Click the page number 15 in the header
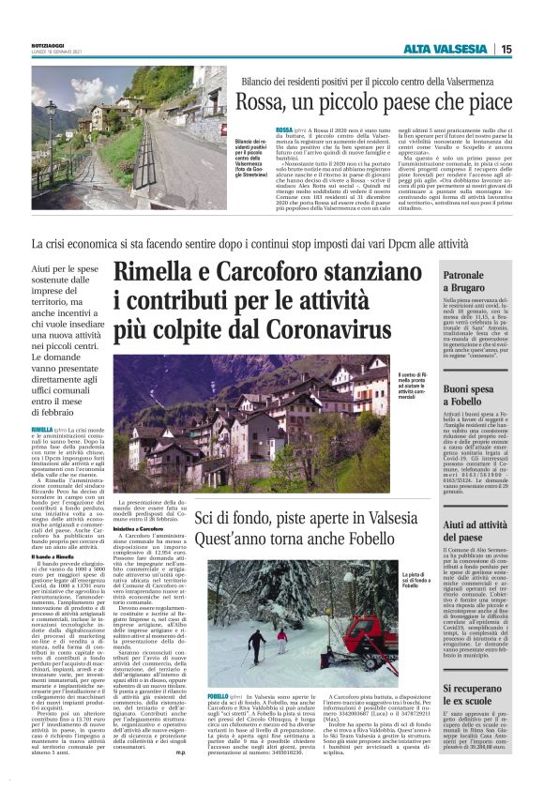click(x=506, y=49)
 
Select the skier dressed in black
click(x=255, y=643)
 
